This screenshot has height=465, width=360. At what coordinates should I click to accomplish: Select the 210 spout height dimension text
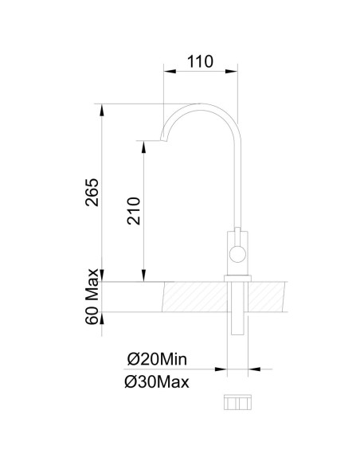133,210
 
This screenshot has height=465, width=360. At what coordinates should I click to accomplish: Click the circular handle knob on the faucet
237,255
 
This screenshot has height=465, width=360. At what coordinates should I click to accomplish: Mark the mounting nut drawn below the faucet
237,403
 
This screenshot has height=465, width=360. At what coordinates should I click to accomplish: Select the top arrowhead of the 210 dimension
143,147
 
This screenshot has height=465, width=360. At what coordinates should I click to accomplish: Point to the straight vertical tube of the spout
237,183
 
